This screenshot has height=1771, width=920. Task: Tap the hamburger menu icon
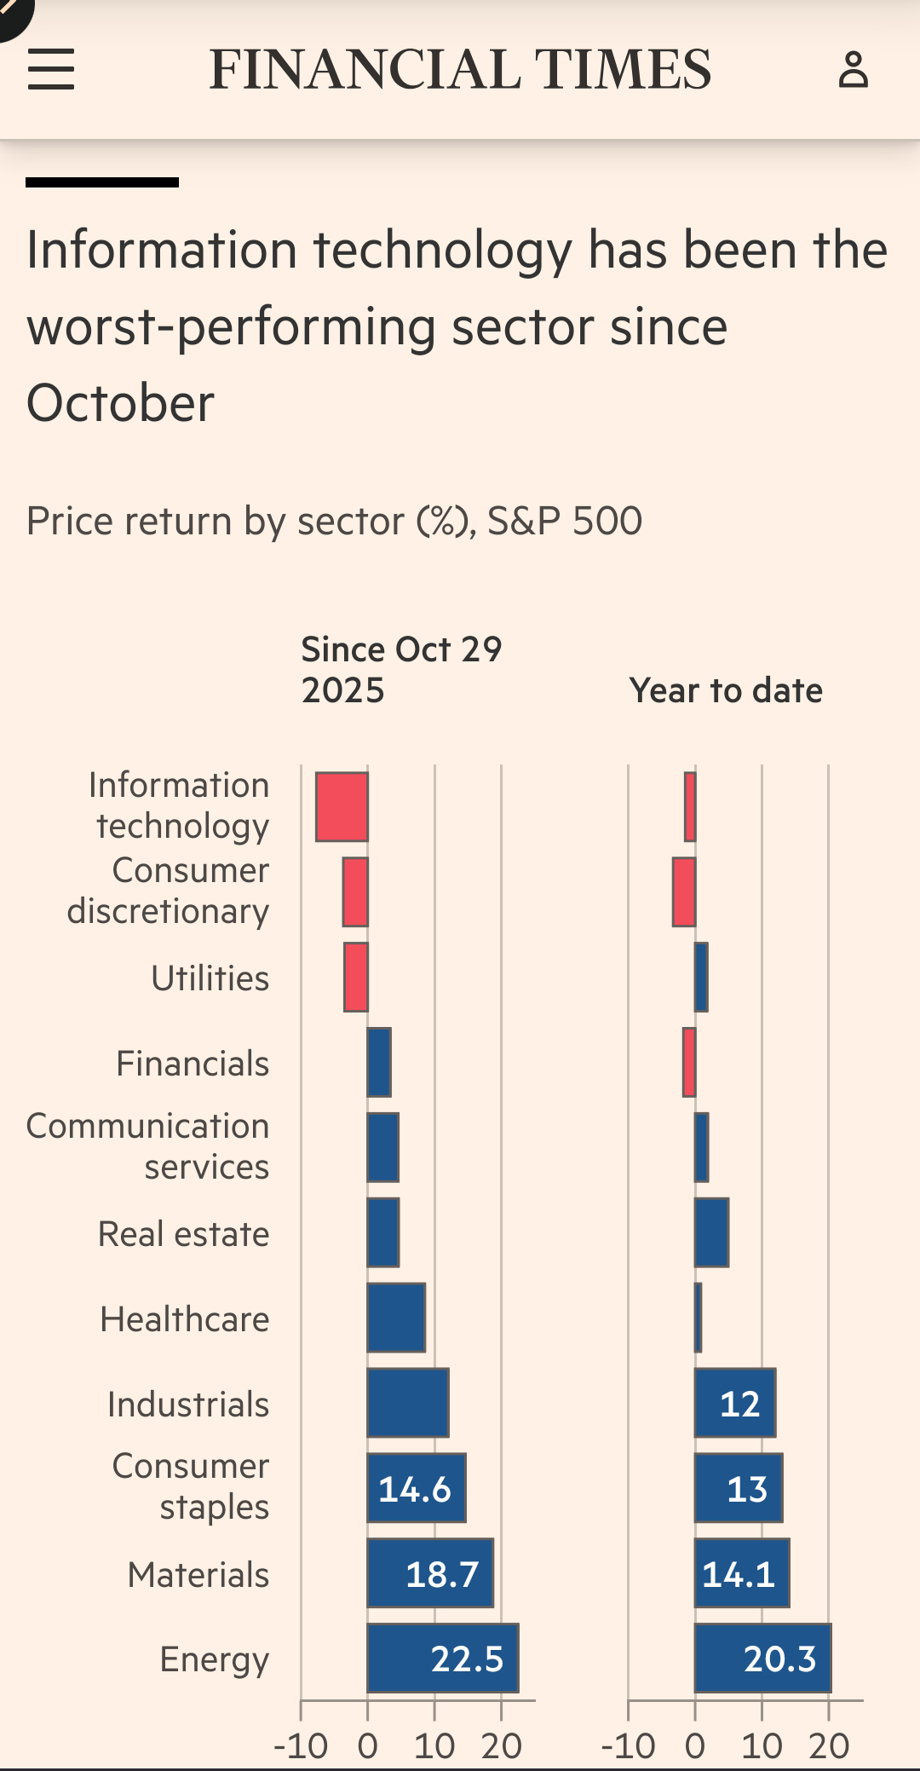51,69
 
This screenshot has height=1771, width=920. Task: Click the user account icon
853,70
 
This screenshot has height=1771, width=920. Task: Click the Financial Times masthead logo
460,70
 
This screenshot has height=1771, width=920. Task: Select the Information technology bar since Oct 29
342,807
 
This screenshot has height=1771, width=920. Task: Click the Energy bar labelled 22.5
442,1659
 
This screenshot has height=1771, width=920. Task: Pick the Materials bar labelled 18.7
430,1573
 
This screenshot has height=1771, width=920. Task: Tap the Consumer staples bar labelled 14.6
417,1488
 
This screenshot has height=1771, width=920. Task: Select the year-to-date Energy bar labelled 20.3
762,1659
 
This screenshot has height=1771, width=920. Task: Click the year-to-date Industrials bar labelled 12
735,1403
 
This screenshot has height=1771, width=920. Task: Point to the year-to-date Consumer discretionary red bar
684,892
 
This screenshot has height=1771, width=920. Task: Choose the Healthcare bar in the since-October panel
396,1318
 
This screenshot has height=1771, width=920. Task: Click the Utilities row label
210,978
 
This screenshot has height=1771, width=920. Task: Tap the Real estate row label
183,1234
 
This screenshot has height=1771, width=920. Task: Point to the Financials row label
193,1064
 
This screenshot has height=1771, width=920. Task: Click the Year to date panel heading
726,690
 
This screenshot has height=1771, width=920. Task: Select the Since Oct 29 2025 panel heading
401,670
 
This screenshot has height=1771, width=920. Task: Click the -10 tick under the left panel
301,1746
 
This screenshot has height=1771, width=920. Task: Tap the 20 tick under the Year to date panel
829,1746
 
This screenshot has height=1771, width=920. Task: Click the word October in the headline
120,403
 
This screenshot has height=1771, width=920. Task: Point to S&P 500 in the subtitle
565,521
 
